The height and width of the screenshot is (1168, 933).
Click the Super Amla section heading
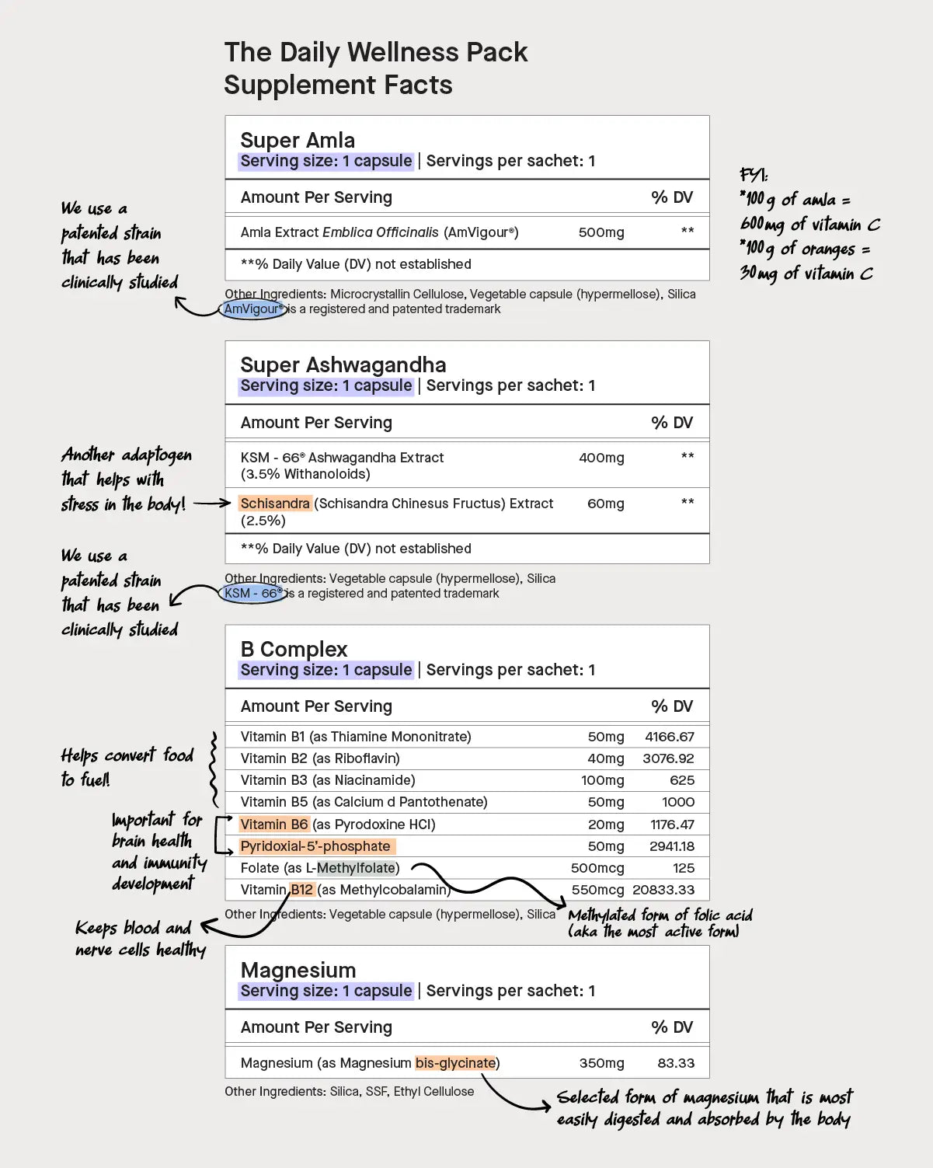pyautogui.click(x=298, y=140)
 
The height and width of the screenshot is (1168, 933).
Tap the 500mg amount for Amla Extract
pyautogui.click(x=601, y=232)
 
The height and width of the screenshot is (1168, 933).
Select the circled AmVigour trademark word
pyautogui.click(x=252, y=309)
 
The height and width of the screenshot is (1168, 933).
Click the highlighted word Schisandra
pyautogui.click(x=275, y=504)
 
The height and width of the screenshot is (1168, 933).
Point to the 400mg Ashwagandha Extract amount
pyautogui.click(x=601, y=458)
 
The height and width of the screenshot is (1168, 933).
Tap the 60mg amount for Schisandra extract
pyautogui.click(x=605, y=504)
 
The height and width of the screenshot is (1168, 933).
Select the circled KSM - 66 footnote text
pyautogui.click(x=252, y=594)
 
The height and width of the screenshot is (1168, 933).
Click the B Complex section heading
pyautogui.click(x=294, y=649)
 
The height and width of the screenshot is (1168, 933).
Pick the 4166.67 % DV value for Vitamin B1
pyautogui.click(x=669, y=737)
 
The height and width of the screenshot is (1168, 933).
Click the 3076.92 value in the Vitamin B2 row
pyautogui.click(x=668, y=758)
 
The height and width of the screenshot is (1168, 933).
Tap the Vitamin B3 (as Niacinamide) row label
pyautogui.click(x=328, y=780)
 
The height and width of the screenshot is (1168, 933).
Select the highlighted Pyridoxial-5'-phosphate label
pyautogui.click(x=315, y=846)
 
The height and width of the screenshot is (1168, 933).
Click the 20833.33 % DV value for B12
pyautogui.click(x=663, y=890)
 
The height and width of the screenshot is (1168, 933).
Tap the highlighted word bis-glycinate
pyautogui.click(x=455, y=1063)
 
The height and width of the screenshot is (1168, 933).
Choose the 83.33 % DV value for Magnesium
pyautogui.click(x=676, y=1063)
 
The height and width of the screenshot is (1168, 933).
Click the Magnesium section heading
pyautogui.click(x=298, y=970)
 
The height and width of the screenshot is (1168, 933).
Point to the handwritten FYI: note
pyautogui.click(x=754, y=175)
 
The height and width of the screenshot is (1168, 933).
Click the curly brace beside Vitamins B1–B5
pyautogui.click(x=213, y=769)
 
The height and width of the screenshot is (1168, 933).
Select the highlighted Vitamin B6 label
pyautogui.click(x=274, y=825)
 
